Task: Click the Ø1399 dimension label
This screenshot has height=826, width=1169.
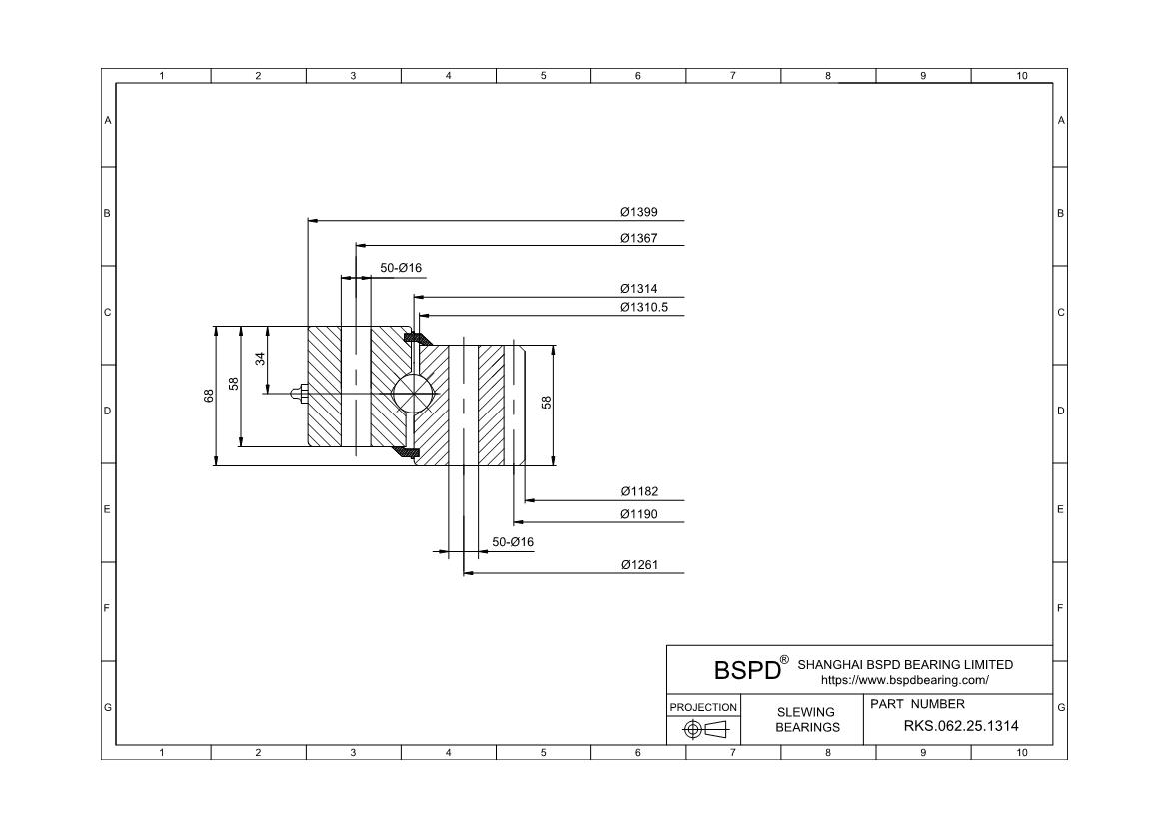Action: [638, 212]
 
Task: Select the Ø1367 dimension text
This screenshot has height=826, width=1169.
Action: [638, 238]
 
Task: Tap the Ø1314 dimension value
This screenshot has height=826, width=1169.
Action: [638, 289]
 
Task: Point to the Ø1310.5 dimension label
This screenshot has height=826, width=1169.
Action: [643, 307]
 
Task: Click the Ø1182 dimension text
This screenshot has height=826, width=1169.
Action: [638, 491]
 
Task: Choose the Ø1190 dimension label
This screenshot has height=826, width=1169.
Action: [638, 515]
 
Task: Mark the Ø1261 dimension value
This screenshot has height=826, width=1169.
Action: [638, 566]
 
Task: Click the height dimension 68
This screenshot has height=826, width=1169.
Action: [209, 396]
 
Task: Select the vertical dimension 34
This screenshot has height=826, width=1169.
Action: [260, 359]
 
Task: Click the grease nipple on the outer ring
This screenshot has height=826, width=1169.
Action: [298, 393]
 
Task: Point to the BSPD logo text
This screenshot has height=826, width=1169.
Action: [746, 669]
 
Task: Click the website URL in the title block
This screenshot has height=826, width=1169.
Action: [904, 680]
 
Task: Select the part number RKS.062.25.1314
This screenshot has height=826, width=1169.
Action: [961, 726]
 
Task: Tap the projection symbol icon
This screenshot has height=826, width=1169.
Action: [703, 730]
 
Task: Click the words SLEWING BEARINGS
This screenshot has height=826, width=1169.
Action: [807, 719]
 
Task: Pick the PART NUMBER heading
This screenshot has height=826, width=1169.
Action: [918, 704]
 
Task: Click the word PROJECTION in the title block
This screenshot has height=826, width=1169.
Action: [703, 707]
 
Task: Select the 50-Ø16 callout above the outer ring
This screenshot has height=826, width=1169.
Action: [401, 268]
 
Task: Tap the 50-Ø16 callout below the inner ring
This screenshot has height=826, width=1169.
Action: [513, 542]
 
